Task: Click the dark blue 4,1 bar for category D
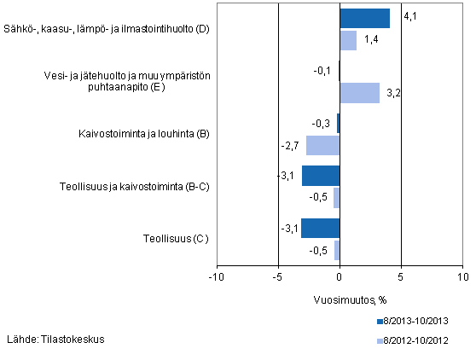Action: pos(364,19)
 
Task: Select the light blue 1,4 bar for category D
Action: pos(348,40)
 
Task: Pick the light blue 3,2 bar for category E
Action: pos(359,93)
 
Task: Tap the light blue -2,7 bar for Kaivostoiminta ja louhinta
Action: pos(322,145)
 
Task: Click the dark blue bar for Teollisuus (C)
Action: pos(320,229)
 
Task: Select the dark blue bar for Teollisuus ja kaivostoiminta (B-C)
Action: pos(320,176)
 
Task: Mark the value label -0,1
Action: pos(325,71)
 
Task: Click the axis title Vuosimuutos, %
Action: pos(340,299)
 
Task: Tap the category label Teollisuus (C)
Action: pos(176,239)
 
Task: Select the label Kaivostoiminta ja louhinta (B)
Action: pos(142,134)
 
